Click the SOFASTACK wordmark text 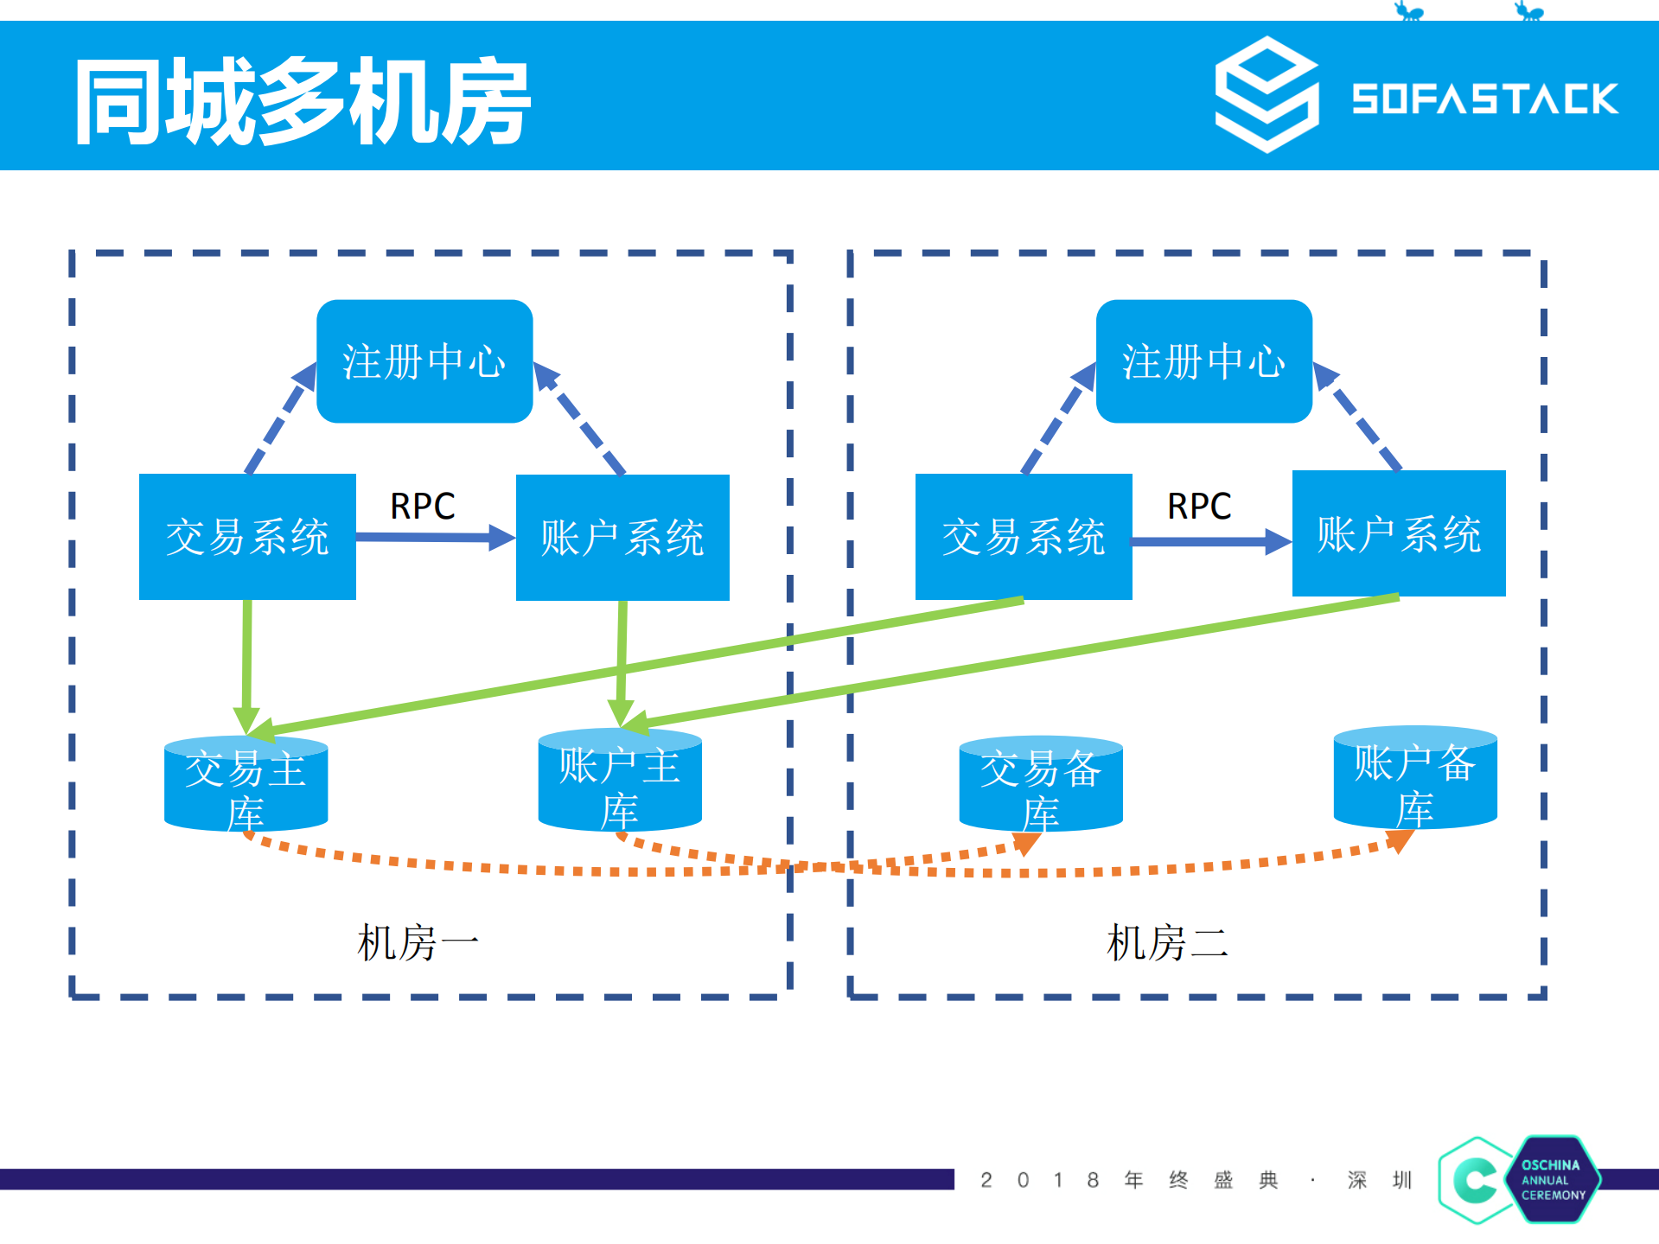click(x=1484, y=99)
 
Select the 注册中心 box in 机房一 click(x=424, y=361)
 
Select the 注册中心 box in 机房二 click(x=1203, y=361)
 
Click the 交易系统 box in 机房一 click(x=247, y=537)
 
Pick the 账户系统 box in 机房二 click(x=1398, y=533)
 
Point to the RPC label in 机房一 click(x=422, y=506)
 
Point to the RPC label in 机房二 click(x=1199, y=506)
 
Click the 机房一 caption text click(x=418, y=942)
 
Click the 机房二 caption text click(x=1167, y=942)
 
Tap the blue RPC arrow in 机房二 click(x=1210, y=542)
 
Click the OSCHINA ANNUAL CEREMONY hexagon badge click(x=1553, y=1179)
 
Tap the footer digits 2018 click(x=1039, y=1180)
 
